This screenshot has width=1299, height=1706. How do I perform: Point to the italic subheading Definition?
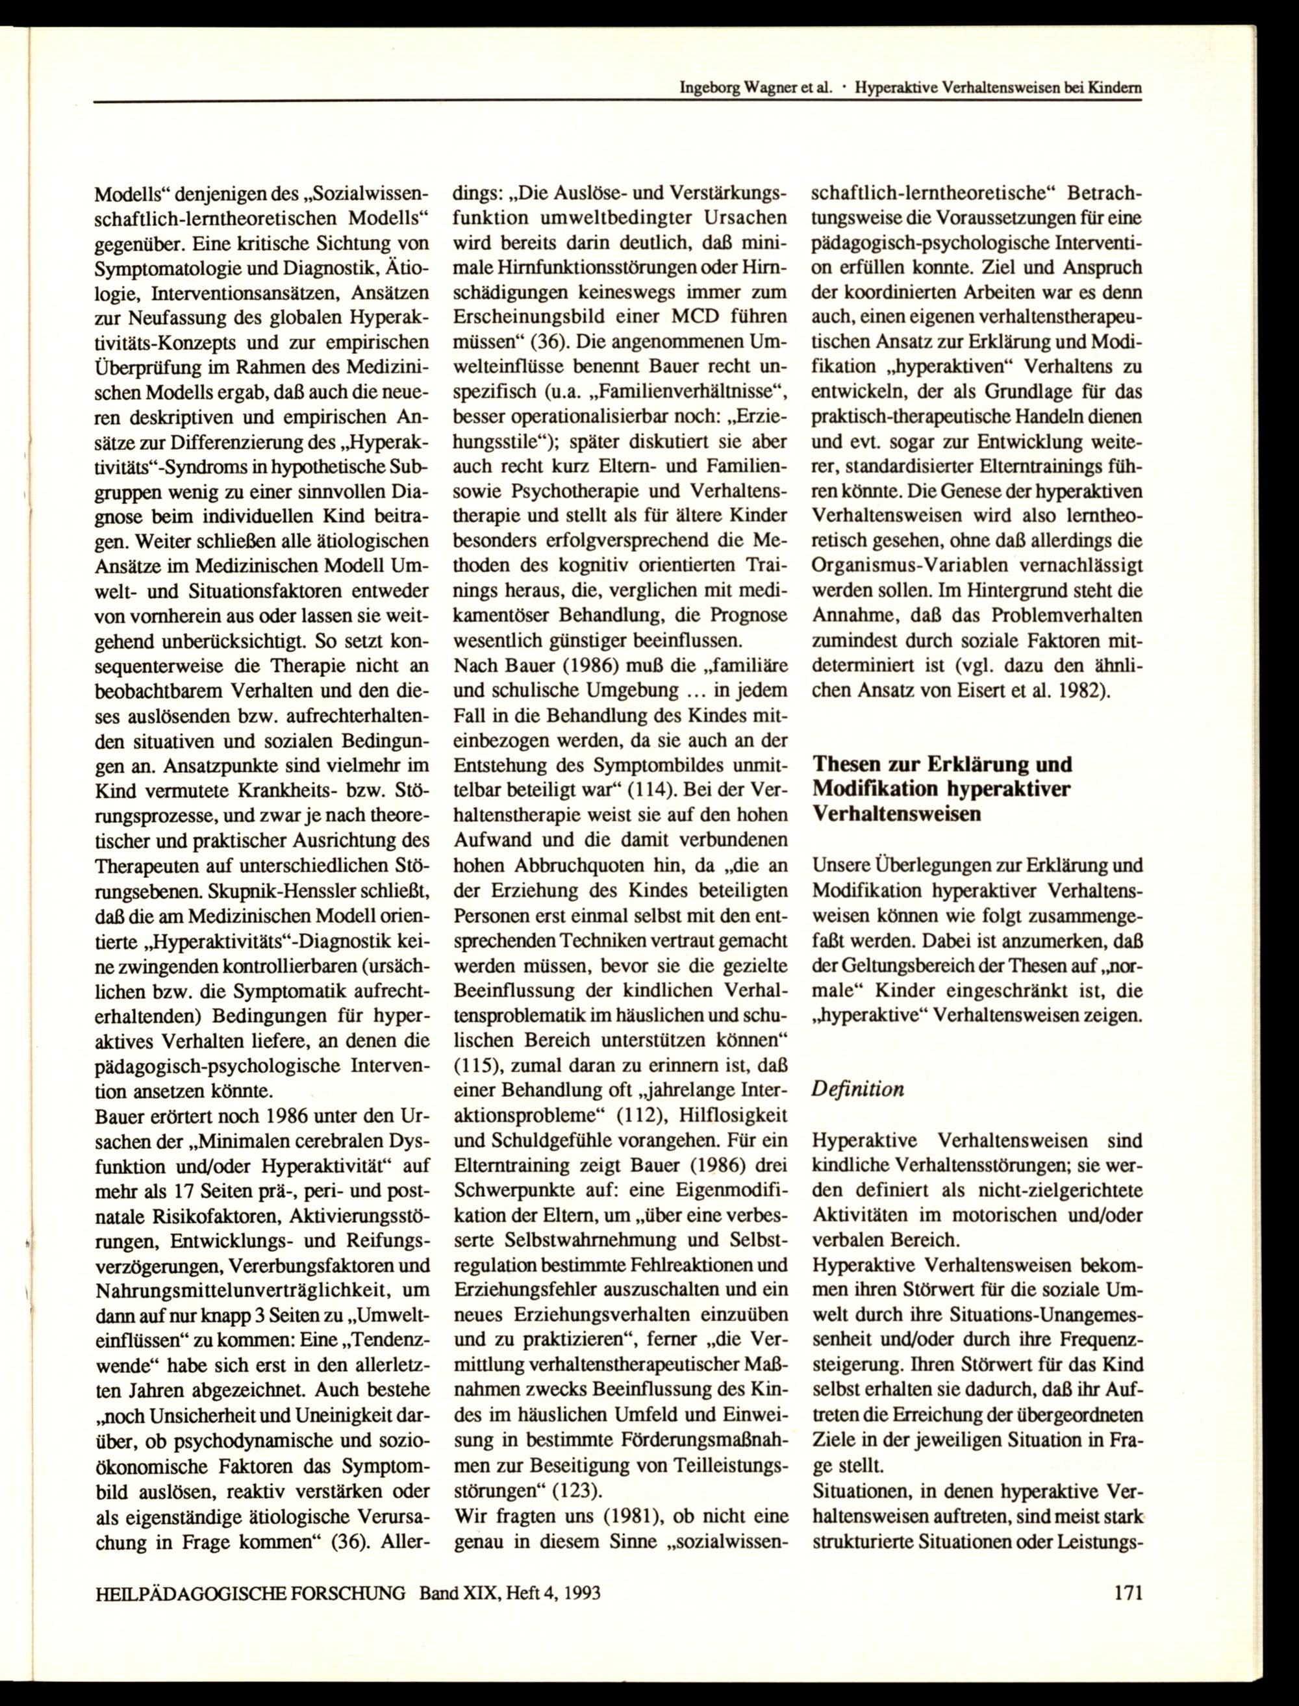tap(857, 1089)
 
